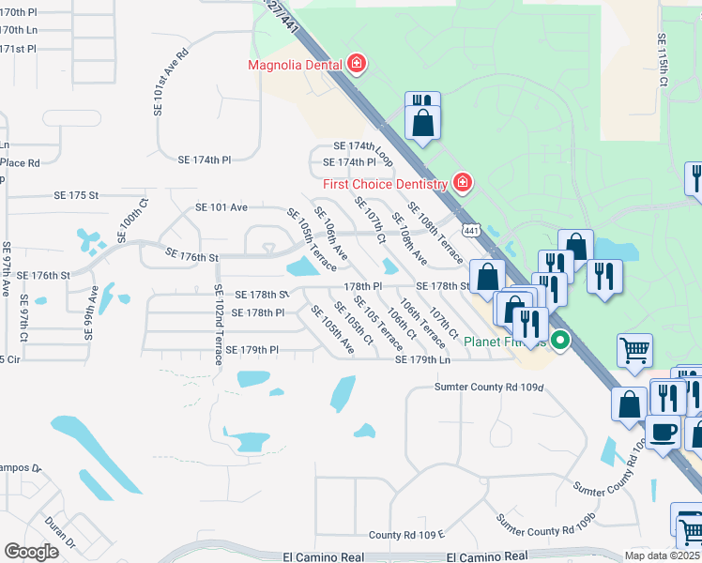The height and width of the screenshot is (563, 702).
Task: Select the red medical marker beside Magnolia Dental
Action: (x=356, y=65)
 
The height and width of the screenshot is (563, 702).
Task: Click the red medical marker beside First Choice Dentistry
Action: (x=462, y=182)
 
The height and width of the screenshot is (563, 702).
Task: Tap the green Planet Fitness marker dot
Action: (x=561, y=341)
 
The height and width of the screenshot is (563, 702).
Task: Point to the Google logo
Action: (x=30, y=552)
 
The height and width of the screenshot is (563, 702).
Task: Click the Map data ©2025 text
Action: (x=663, y=555)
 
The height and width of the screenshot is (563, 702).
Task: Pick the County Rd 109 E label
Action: (x=405, y=535)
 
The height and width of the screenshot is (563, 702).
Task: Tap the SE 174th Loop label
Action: (x=363, y=147)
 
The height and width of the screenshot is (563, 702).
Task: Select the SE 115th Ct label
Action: (x=662, y=62)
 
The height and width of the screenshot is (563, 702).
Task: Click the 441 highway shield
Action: (x=471, y=229)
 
